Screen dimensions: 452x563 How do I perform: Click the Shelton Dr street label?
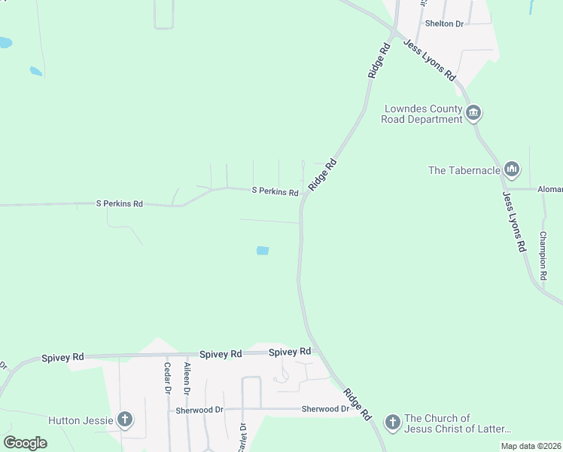pos(444,23)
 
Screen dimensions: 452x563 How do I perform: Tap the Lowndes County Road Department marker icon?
pos(473,115)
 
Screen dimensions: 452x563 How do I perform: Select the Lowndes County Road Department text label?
pos(421,114)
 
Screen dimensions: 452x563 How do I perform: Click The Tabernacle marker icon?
pos(512,169)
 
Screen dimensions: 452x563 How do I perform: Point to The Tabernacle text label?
pos(464,170)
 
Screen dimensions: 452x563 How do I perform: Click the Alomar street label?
pos(550,190)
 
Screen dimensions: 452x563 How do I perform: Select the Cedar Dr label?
pos(168,378)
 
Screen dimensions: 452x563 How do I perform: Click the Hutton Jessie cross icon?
pos(125,420)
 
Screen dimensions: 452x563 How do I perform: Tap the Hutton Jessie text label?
pos(81,420)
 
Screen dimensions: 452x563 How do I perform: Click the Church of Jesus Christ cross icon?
pos(392,423)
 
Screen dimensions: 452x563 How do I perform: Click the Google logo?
pos(26,442)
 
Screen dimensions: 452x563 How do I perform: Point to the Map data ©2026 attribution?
pos(531,446)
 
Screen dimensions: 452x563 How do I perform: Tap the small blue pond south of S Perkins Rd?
pos(263,250)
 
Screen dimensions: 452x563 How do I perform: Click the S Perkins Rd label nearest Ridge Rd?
pos(275,191)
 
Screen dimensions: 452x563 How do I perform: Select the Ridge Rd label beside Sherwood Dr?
pos(357,404)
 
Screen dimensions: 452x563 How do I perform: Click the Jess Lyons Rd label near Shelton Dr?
pos(430,60)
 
